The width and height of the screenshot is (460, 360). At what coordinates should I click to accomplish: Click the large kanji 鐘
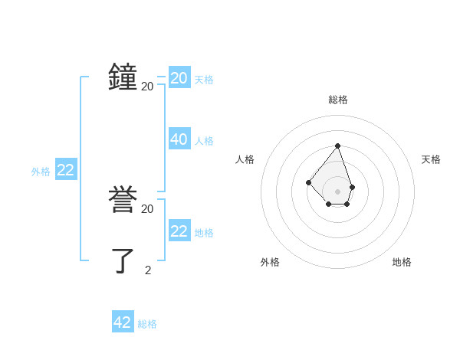123,77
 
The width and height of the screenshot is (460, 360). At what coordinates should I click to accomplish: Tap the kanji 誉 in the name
123,201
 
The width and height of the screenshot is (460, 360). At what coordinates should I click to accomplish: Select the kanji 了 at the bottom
123,260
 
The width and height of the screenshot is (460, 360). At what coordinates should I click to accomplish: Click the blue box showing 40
179,139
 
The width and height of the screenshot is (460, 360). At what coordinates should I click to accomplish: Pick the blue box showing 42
123,322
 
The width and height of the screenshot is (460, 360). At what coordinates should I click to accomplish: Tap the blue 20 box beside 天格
179,78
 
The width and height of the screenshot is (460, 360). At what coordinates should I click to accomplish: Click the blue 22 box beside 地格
179,231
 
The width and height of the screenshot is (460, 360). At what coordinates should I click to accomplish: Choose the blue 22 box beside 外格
66,170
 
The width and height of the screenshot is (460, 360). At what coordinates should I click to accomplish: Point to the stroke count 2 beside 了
148,270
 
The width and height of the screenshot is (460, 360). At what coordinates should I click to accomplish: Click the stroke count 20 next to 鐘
147,87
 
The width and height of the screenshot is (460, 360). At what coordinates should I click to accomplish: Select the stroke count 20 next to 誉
147,209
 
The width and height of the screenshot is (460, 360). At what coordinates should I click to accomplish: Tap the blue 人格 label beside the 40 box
204,141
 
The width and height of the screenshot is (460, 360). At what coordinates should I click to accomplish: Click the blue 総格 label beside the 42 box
147,324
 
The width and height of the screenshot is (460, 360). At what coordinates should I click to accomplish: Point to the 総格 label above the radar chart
338,100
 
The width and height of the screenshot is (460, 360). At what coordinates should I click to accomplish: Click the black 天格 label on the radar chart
431,159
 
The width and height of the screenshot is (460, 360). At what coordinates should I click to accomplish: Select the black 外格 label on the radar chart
270,262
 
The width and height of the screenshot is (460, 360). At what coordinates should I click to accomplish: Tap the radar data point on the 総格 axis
337,146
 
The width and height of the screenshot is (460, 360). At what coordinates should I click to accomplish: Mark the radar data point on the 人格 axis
308,182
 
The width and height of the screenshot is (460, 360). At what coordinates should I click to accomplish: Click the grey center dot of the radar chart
337,191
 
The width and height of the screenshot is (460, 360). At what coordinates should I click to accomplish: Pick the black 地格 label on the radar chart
402,262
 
